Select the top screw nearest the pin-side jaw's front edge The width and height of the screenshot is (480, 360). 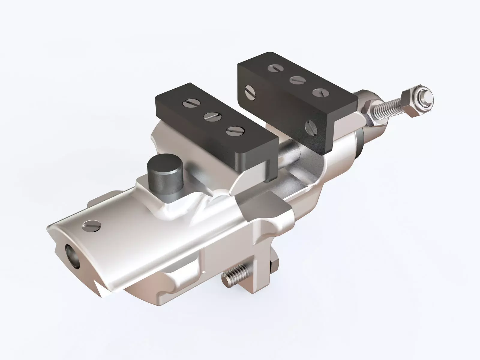[235, 130]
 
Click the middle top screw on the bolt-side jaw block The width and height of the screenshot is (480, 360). [297, 80]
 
